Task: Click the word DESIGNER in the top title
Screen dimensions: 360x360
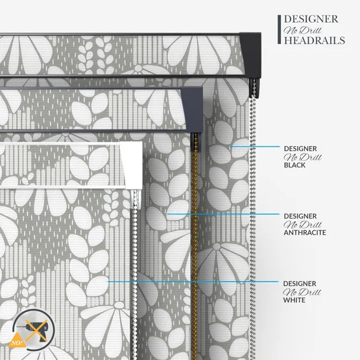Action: (x=311, y=19)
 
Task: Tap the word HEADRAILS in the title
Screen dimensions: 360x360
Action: (x=315, y=40)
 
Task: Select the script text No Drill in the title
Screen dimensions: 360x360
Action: (x=302, y=30)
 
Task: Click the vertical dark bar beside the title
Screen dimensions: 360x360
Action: (x=279, y=29)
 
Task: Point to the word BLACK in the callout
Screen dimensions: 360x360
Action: (x=294, y=165)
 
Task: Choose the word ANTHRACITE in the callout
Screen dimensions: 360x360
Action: (x=305, y=233)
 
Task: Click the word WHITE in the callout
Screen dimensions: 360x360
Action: (x=294, y=300)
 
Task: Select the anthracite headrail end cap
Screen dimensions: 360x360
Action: (x=193, y=110)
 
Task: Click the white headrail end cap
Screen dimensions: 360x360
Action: (x=132, y=165)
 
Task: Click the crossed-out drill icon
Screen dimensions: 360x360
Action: (x=34, y=330)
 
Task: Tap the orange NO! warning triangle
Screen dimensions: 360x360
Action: (x=17, y=341)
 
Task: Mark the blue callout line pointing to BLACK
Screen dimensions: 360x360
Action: (x=255, y=147)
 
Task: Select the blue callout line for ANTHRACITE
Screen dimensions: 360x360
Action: (x=223, y=214)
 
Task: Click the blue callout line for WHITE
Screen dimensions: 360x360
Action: (x=193, y=282)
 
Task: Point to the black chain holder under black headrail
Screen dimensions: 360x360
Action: (x=254, y=88)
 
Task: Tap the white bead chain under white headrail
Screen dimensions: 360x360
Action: (x=134, y=276)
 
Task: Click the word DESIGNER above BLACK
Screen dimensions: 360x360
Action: (x=300, y=149)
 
